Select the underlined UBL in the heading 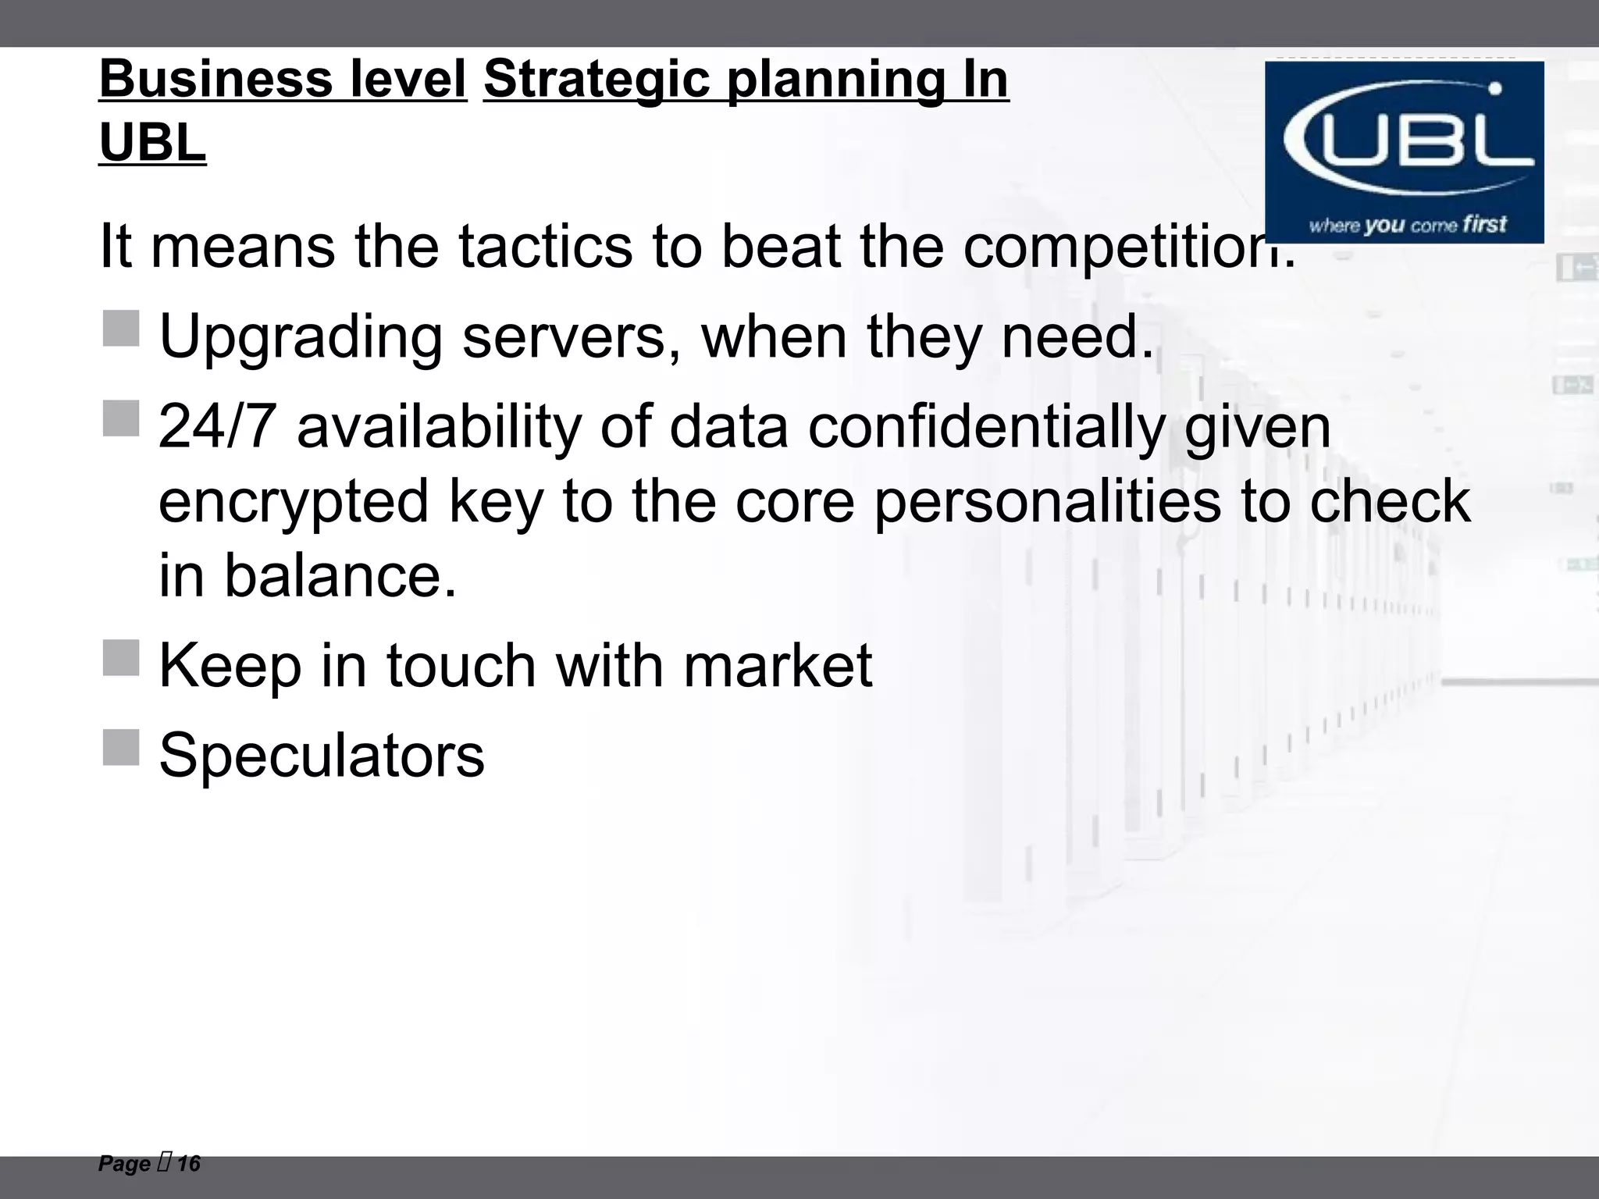pyautogui.click(x=152, y=143)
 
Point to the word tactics pyautogui.click(x=545, y=247)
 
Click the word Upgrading pyautogui.click(x=301, y=337)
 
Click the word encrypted pyautogui.click(x=294, y=501)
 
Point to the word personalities pyautogui.click(x=1048, y=501)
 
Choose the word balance pyautogui.click(x=340, y=575)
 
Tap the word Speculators pyautogui.click(x=322, y=755)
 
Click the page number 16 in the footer pyautogui.click(x=188, y=1164)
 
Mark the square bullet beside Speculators pyautogui.click(x=121, y=748)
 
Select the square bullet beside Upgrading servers pyautogui.click(x=121, y=329)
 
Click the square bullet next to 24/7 pyautogui.click(x=121, y=419)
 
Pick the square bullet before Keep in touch pyautogui.click(x=121, y=658)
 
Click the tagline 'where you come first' pyautogui.click(x=1408, y=226)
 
